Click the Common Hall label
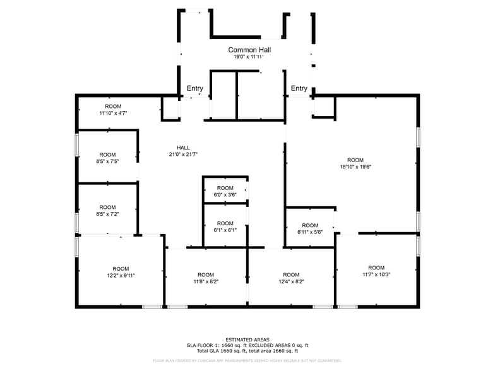coord(247,49)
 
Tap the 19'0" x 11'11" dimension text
coord(247,57)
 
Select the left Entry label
coord(194,88)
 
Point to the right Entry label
coord(299,88)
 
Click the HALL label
coord(183,148)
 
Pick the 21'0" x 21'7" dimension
coord(183,155)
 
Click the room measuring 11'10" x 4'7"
coord(113,110)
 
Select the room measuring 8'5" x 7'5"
coord(107,158)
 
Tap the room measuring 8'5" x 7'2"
coord(107,210)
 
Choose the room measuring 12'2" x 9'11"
coord(120,272)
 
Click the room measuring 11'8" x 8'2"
coord(205,278)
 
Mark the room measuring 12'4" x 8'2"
coord(291,278)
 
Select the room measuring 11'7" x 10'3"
coord(376,271)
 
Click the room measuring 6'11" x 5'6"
coord(310,228)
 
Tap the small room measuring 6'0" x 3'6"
coord(225,191)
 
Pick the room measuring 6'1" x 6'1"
coord(225,227)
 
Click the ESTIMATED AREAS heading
coord(247,340)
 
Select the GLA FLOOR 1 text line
coord(247,345)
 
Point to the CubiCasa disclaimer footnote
coord(247,361)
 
